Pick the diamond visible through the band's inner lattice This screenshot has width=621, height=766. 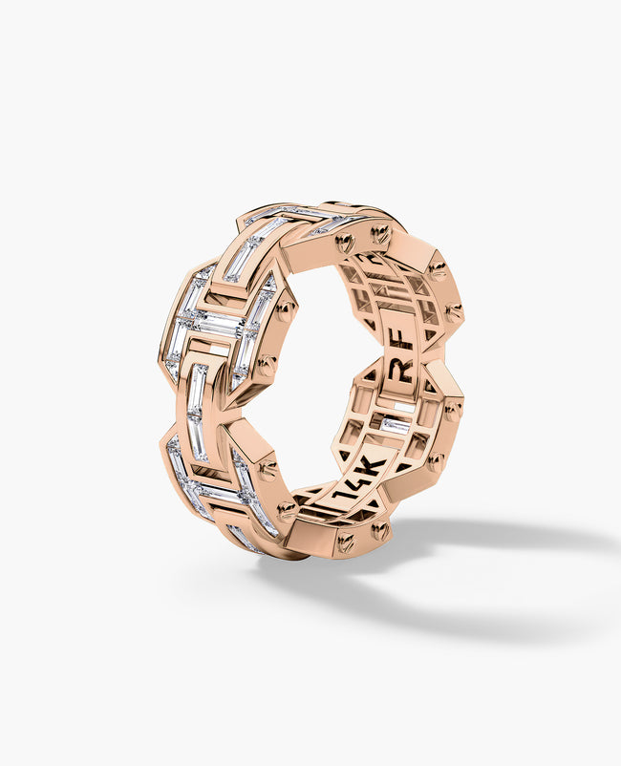pos(396,426)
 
